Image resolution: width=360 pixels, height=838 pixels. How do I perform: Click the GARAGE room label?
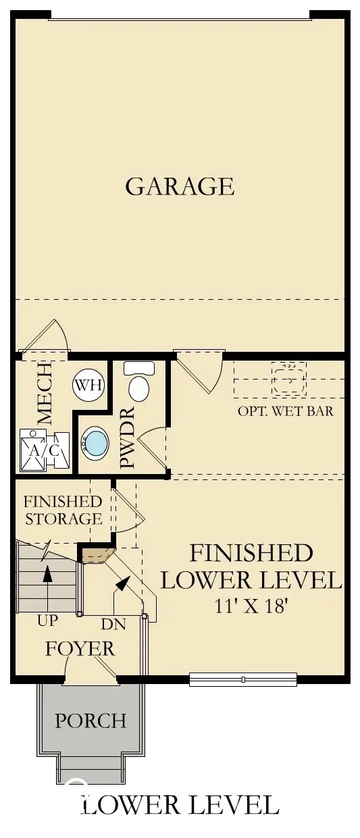tap(180, 186)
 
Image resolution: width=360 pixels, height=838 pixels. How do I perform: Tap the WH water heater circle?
tap(88, 386)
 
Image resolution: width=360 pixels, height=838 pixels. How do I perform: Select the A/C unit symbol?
tap(45, 448)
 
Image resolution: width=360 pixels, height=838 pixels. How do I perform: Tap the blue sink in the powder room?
tap(95, 444)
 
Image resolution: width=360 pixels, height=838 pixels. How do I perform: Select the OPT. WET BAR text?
tap(285, 411)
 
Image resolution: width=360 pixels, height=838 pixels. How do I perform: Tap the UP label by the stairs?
tap(48, 620)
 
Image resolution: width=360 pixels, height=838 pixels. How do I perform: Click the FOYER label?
tap(80, 649)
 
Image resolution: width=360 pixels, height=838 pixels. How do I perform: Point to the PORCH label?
tap(91, 721)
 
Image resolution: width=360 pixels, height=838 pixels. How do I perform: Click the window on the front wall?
tap(242, 679)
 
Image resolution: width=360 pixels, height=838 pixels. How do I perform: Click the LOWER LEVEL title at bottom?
tap(180, 805)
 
